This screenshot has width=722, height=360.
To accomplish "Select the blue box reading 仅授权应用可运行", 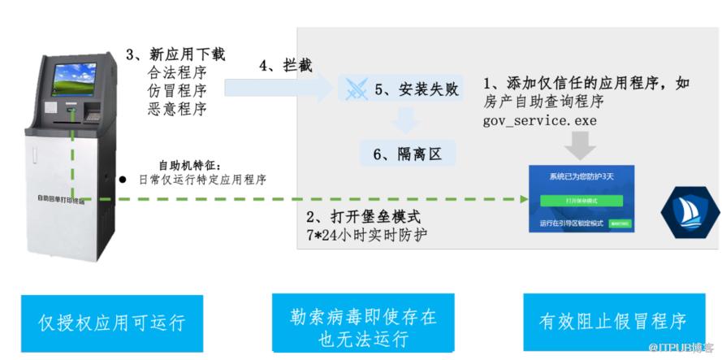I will coord(110,322).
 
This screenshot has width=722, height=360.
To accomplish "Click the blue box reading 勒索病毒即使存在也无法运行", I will coord(363,322).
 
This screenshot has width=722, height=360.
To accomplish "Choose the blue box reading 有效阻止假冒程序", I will coord(612,322).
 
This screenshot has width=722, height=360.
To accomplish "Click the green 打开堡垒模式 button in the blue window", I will coord(581,200).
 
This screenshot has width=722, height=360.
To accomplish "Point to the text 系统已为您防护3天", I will coord(581,176).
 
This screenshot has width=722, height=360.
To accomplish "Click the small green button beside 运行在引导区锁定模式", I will coord(619,223).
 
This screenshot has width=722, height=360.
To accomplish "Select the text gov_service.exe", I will coord(540,120).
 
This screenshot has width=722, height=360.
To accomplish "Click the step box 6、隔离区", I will coord(408,153).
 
